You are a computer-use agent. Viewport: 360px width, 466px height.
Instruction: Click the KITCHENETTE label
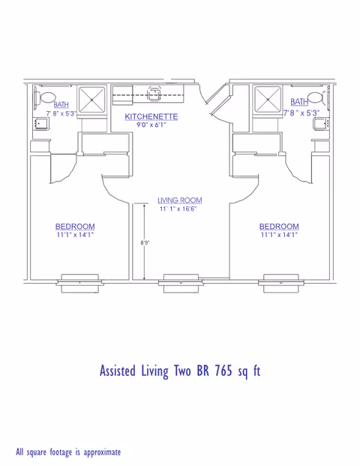(x=151, y=116)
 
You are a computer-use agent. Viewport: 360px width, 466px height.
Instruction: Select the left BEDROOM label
(x=75, y=227)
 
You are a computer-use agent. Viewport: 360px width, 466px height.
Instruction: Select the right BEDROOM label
(x=278, y=227)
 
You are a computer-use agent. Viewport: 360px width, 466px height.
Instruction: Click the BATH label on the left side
(x=60, y=104)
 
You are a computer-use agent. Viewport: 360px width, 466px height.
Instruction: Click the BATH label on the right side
(x=299, y=102)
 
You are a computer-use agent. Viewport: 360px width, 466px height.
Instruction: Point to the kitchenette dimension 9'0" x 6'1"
(x=151, y=125)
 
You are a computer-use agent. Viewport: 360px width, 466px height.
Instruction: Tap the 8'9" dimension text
(x=145, y=243)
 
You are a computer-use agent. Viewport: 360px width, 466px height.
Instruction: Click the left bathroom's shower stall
(x=93, y=98)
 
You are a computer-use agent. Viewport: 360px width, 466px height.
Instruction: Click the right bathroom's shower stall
(x=266, y=98)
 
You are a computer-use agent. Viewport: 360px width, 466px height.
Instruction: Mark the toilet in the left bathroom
(x=46, y=97)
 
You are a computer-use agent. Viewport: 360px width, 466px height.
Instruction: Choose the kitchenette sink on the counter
(x=155, y=92)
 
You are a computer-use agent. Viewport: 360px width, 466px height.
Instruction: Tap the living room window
(x=180, y=281)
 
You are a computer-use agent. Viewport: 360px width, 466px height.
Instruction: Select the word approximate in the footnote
(x=97, y=452)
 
